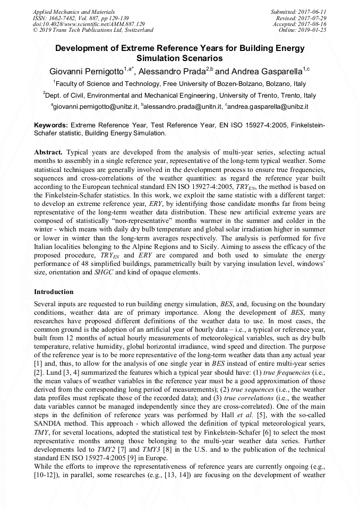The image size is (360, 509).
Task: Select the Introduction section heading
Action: [54, 292]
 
